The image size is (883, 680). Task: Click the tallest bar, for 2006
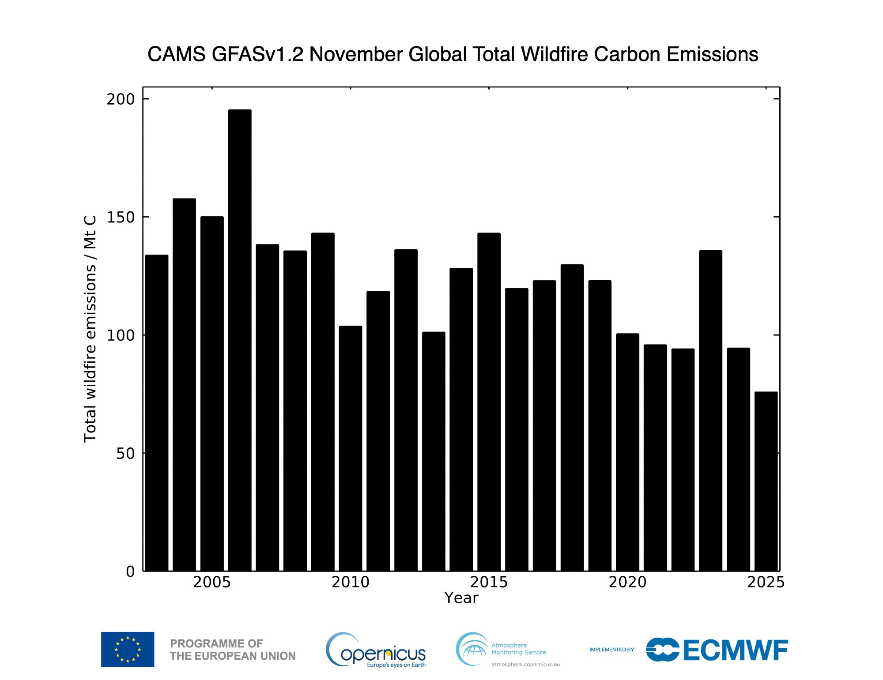240,340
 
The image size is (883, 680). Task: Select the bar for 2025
766,481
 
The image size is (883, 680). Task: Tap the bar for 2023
710,410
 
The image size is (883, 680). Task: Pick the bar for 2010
351,448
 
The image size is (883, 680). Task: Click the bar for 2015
489,402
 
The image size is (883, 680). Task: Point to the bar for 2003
157,413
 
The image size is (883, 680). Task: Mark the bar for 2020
627,452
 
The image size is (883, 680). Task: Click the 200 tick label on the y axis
121,99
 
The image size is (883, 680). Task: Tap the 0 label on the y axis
130,571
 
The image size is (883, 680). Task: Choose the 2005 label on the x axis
212,582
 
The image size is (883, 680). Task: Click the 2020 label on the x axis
627,582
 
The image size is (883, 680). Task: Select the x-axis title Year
461,598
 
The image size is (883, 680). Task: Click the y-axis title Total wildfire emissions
90,329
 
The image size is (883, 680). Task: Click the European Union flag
128,649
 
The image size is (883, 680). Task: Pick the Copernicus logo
376,650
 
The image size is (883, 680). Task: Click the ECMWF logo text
735,650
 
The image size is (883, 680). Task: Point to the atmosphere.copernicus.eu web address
525,665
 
